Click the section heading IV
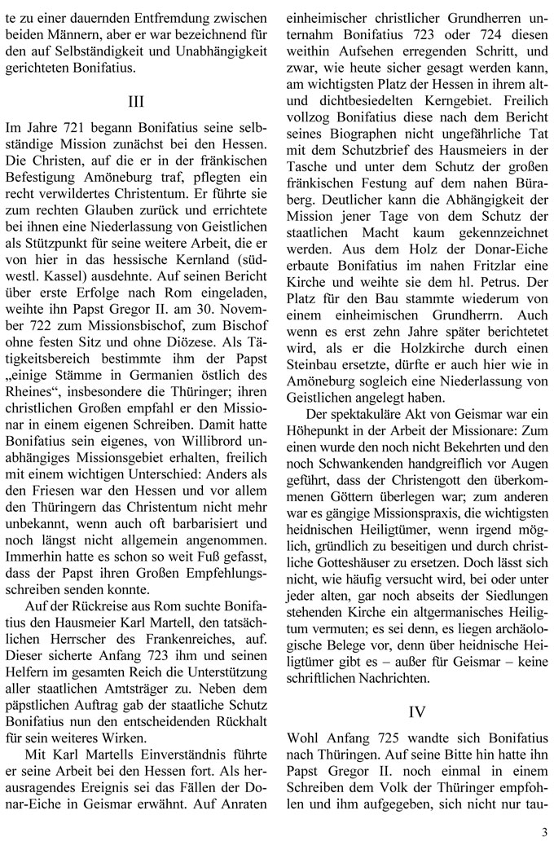coord(416,711)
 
